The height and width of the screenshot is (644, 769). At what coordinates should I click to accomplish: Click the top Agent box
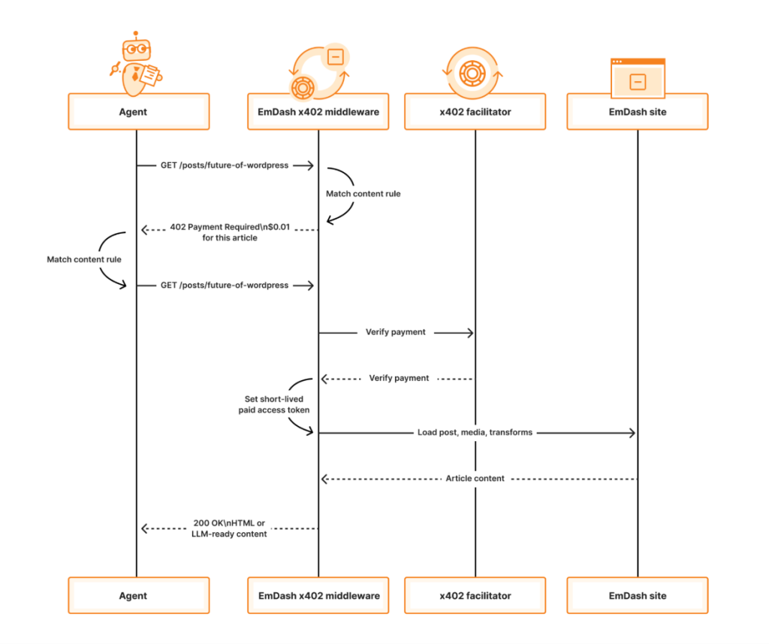click(139, 112)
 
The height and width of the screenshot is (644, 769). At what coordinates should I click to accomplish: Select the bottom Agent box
click(139, 595)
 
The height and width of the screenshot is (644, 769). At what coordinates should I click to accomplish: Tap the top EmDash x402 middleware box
click(318, 112)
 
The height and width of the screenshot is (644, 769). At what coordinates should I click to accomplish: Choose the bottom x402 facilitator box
click(475, 595)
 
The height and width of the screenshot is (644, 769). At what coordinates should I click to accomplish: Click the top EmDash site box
click(638, 112)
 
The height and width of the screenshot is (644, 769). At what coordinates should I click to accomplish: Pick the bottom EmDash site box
click(638, 595)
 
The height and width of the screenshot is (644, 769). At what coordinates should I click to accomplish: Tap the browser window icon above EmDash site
click(638, 77)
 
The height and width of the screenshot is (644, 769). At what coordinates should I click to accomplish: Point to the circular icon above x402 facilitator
click(474, 73)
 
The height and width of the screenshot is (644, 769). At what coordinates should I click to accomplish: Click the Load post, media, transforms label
click(475, 433)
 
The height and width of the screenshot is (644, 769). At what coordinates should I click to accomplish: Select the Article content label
click(475, 478)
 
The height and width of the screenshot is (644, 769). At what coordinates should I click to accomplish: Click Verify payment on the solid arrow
click(395, 331)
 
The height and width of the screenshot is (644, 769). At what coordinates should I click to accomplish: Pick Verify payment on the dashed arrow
click(399, 378)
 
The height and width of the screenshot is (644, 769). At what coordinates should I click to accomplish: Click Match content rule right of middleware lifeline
click(363, 194)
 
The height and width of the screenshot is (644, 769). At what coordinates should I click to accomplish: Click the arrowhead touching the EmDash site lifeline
click(632, 433)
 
